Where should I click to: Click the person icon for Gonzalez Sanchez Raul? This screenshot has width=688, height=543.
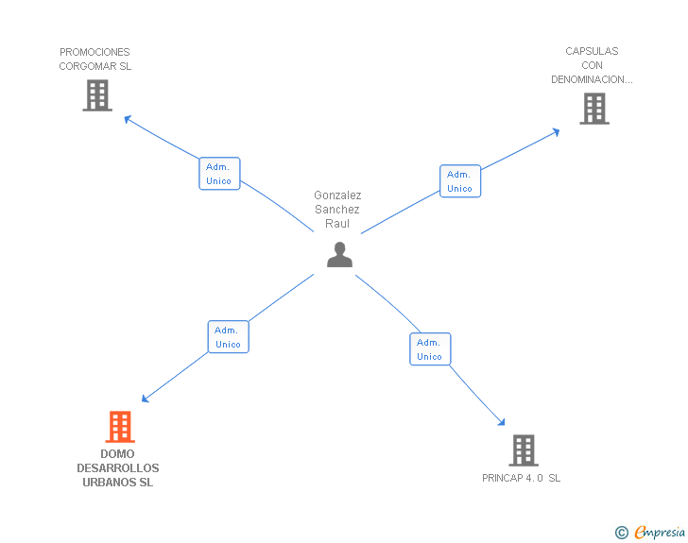click(x=339, y=255)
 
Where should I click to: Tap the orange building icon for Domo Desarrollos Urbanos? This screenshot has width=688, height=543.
click(x=120, y=427)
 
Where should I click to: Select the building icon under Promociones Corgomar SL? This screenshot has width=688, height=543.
click(x=97, y=95)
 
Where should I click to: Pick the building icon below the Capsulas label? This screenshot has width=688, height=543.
click(x=593, y=109)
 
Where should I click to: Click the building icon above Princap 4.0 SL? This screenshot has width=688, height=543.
click(x=524, y=450)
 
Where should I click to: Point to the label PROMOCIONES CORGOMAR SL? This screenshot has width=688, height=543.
click(x=95, y=59)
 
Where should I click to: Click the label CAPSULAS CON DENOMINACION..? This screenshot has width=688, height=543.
click(x=592, y=65)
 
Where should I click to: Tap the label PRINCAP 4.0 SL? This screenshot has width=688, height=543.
click(x=521, y=478)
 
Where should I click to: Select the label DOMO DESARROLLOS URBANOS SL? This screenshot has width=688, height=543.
click(x=118, y=468)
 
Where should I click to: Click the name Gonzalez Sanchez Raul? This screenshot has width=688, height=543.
click(x=337, y=210)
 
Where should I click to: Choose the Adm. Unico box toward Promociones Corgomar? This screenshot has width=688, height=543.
click(x=219, y=174)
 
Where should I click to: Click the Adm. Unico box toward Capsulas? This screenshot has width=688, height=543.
click(x=460, y=181)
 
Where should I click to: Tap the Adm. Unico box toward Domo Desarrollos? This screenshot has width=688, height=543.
click(x=228, y=337)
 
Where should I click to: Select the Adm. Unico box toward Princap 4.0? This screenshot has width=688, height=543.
click(x=430, y=349)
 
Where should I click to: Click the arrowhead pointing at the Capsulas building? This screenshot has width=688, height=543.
click(x=556, y=131)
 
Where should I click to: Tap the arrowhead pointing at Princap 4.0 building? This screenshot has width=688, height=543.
click(x=502, y=424)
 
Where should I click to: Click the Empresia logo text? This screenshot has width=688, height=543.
click(x=660, y=532)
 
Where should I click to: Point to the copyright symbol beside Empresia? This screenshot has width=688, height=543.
click(x=621, y=533)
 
